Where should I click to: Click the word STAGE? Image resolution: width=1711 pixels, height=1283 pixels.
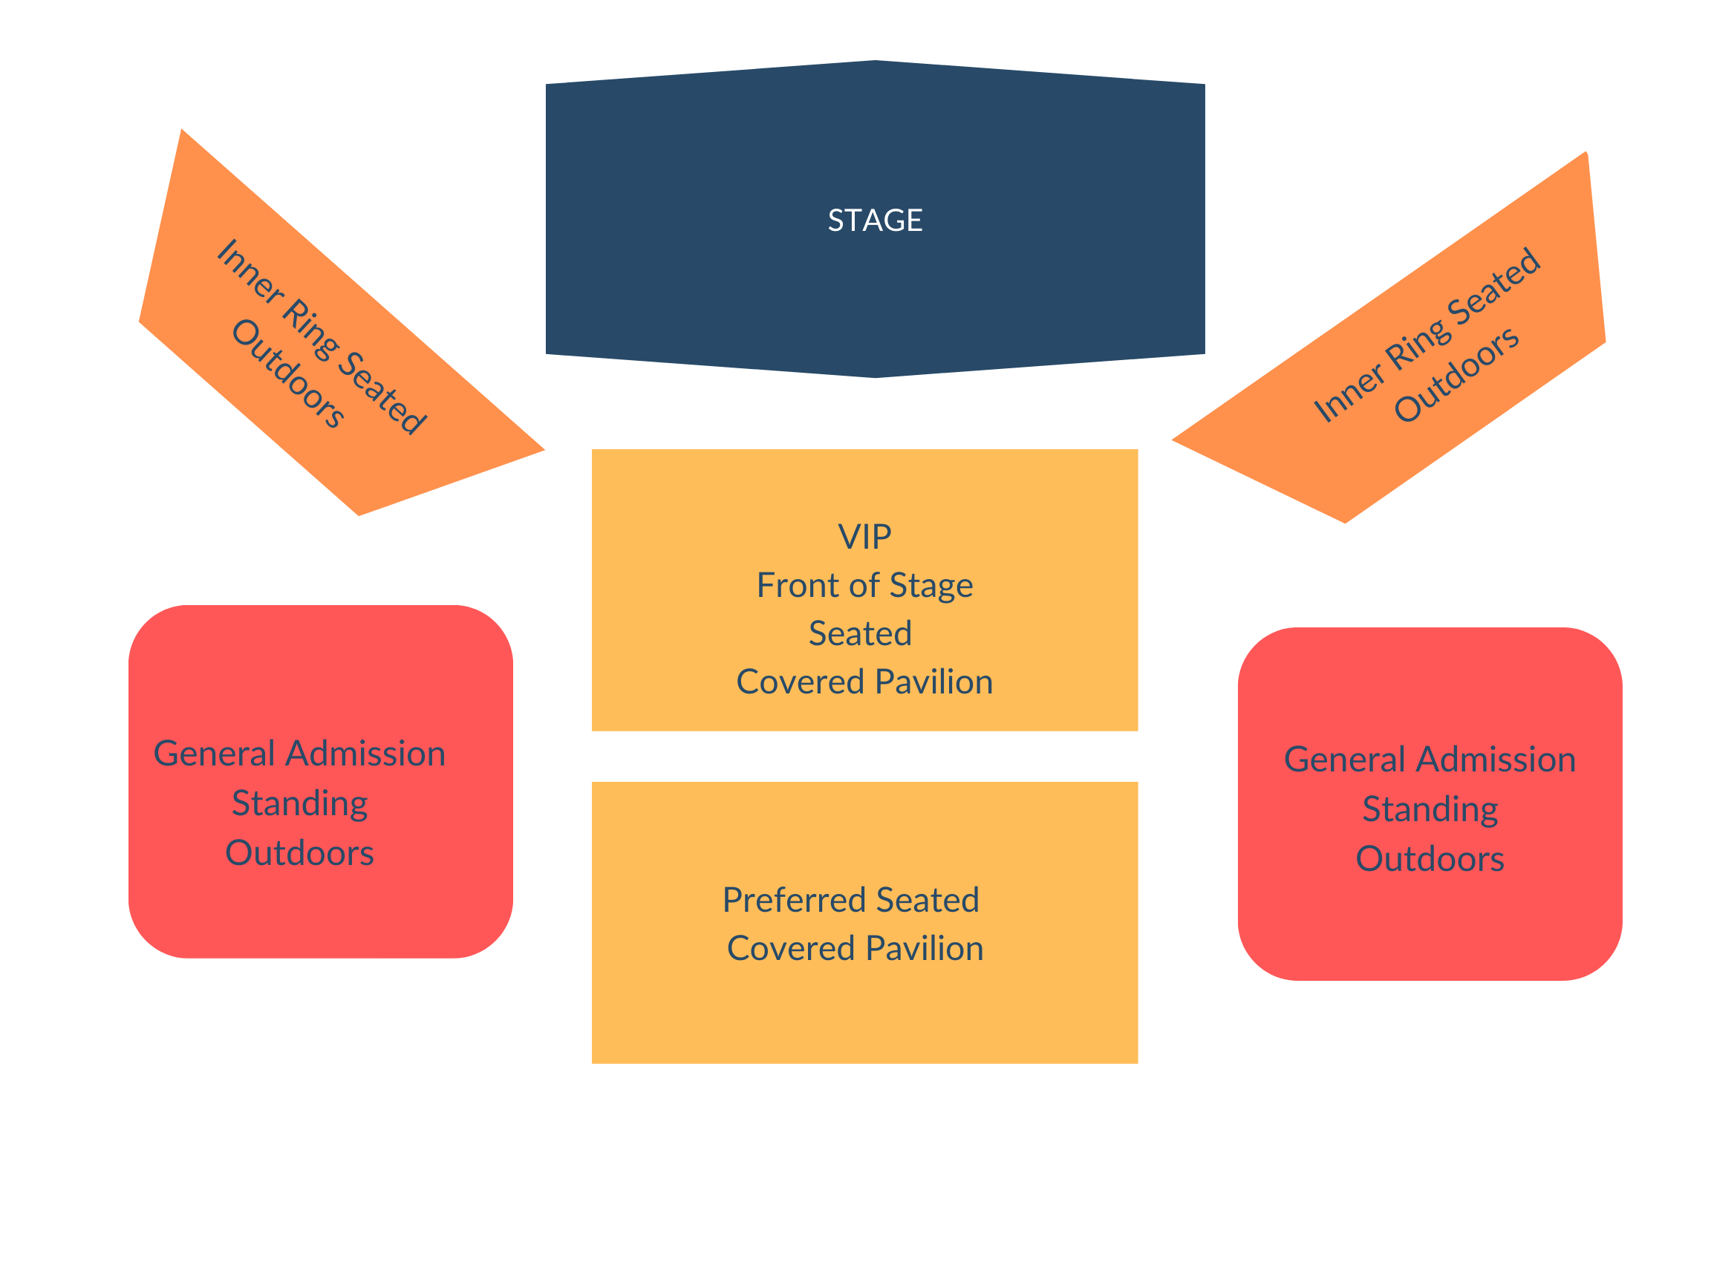pyautogui.click(x=875, y=221)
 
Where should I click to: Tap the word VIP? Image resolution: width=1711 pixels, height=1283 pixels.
pyautogui.click(x=864, y=537)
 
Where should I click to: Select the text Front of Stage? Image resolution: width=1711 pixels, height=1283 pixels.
pyautogui.click(x=864, y=585)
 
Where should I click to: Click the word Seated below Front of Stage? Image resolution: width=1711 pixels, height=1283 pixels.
pyautogui.click(x=859, y=633)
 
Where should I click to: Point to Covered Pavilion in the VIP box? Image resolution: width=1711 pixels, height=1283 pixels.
pyautogui.click(x=864, y=682)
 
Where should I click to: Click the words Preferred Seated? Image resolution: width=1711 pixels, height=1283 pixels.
pyautogui.click(x=850, y=900)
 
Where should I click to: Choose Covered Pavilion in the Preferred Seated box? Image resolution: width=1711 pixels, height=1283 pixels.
pyautogui.click(x=855, y=948)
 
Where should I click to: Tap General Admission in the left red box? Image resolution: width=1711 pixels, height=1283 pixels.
pyautogui.click(x=299, y=754)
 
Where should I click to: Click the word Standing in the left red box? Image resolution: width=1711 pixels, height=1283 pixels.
pyautogui.click(x=299, y=803)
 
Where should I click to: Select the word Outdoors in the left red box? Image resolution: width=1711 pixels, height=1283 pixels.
pyautogui.click(x=299, y=853)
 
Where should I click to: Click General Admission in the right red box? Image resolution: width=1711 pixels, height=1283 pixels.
pyautogui.click(x=1430, y=760)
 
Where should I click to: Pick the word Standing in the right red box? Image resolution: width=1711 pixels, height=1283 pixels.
pyautogui.click(x=1430, y=810)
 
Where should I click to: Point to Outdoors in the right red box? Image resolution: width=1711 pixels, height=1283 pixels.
pyautogui.click(x=1430, y=859)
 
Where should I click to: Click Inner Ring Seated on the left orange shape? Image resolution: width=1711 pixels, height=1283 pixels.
pyautogui.click(x=322, y=337)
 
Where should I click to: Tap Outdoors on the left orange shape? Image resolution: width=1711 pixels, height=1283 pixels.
pyautogui.click(x=287, y=373)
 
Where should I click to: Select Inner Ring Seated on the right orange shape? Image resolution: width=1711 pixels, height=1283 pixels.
pyautogui.click(x=1427, y=336)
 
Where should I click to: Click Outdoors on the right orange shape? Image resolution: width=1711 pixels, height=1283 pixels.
pyautogui.click(x=1456, y=375)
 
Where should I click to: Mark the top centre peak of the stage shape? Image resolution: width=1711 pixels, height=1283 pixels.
pyautogui.click(x=875, y=61)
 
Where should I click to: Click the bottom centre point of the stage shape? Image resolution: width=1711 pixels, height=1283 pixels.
pyautogui.click(x=875, y=376)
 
